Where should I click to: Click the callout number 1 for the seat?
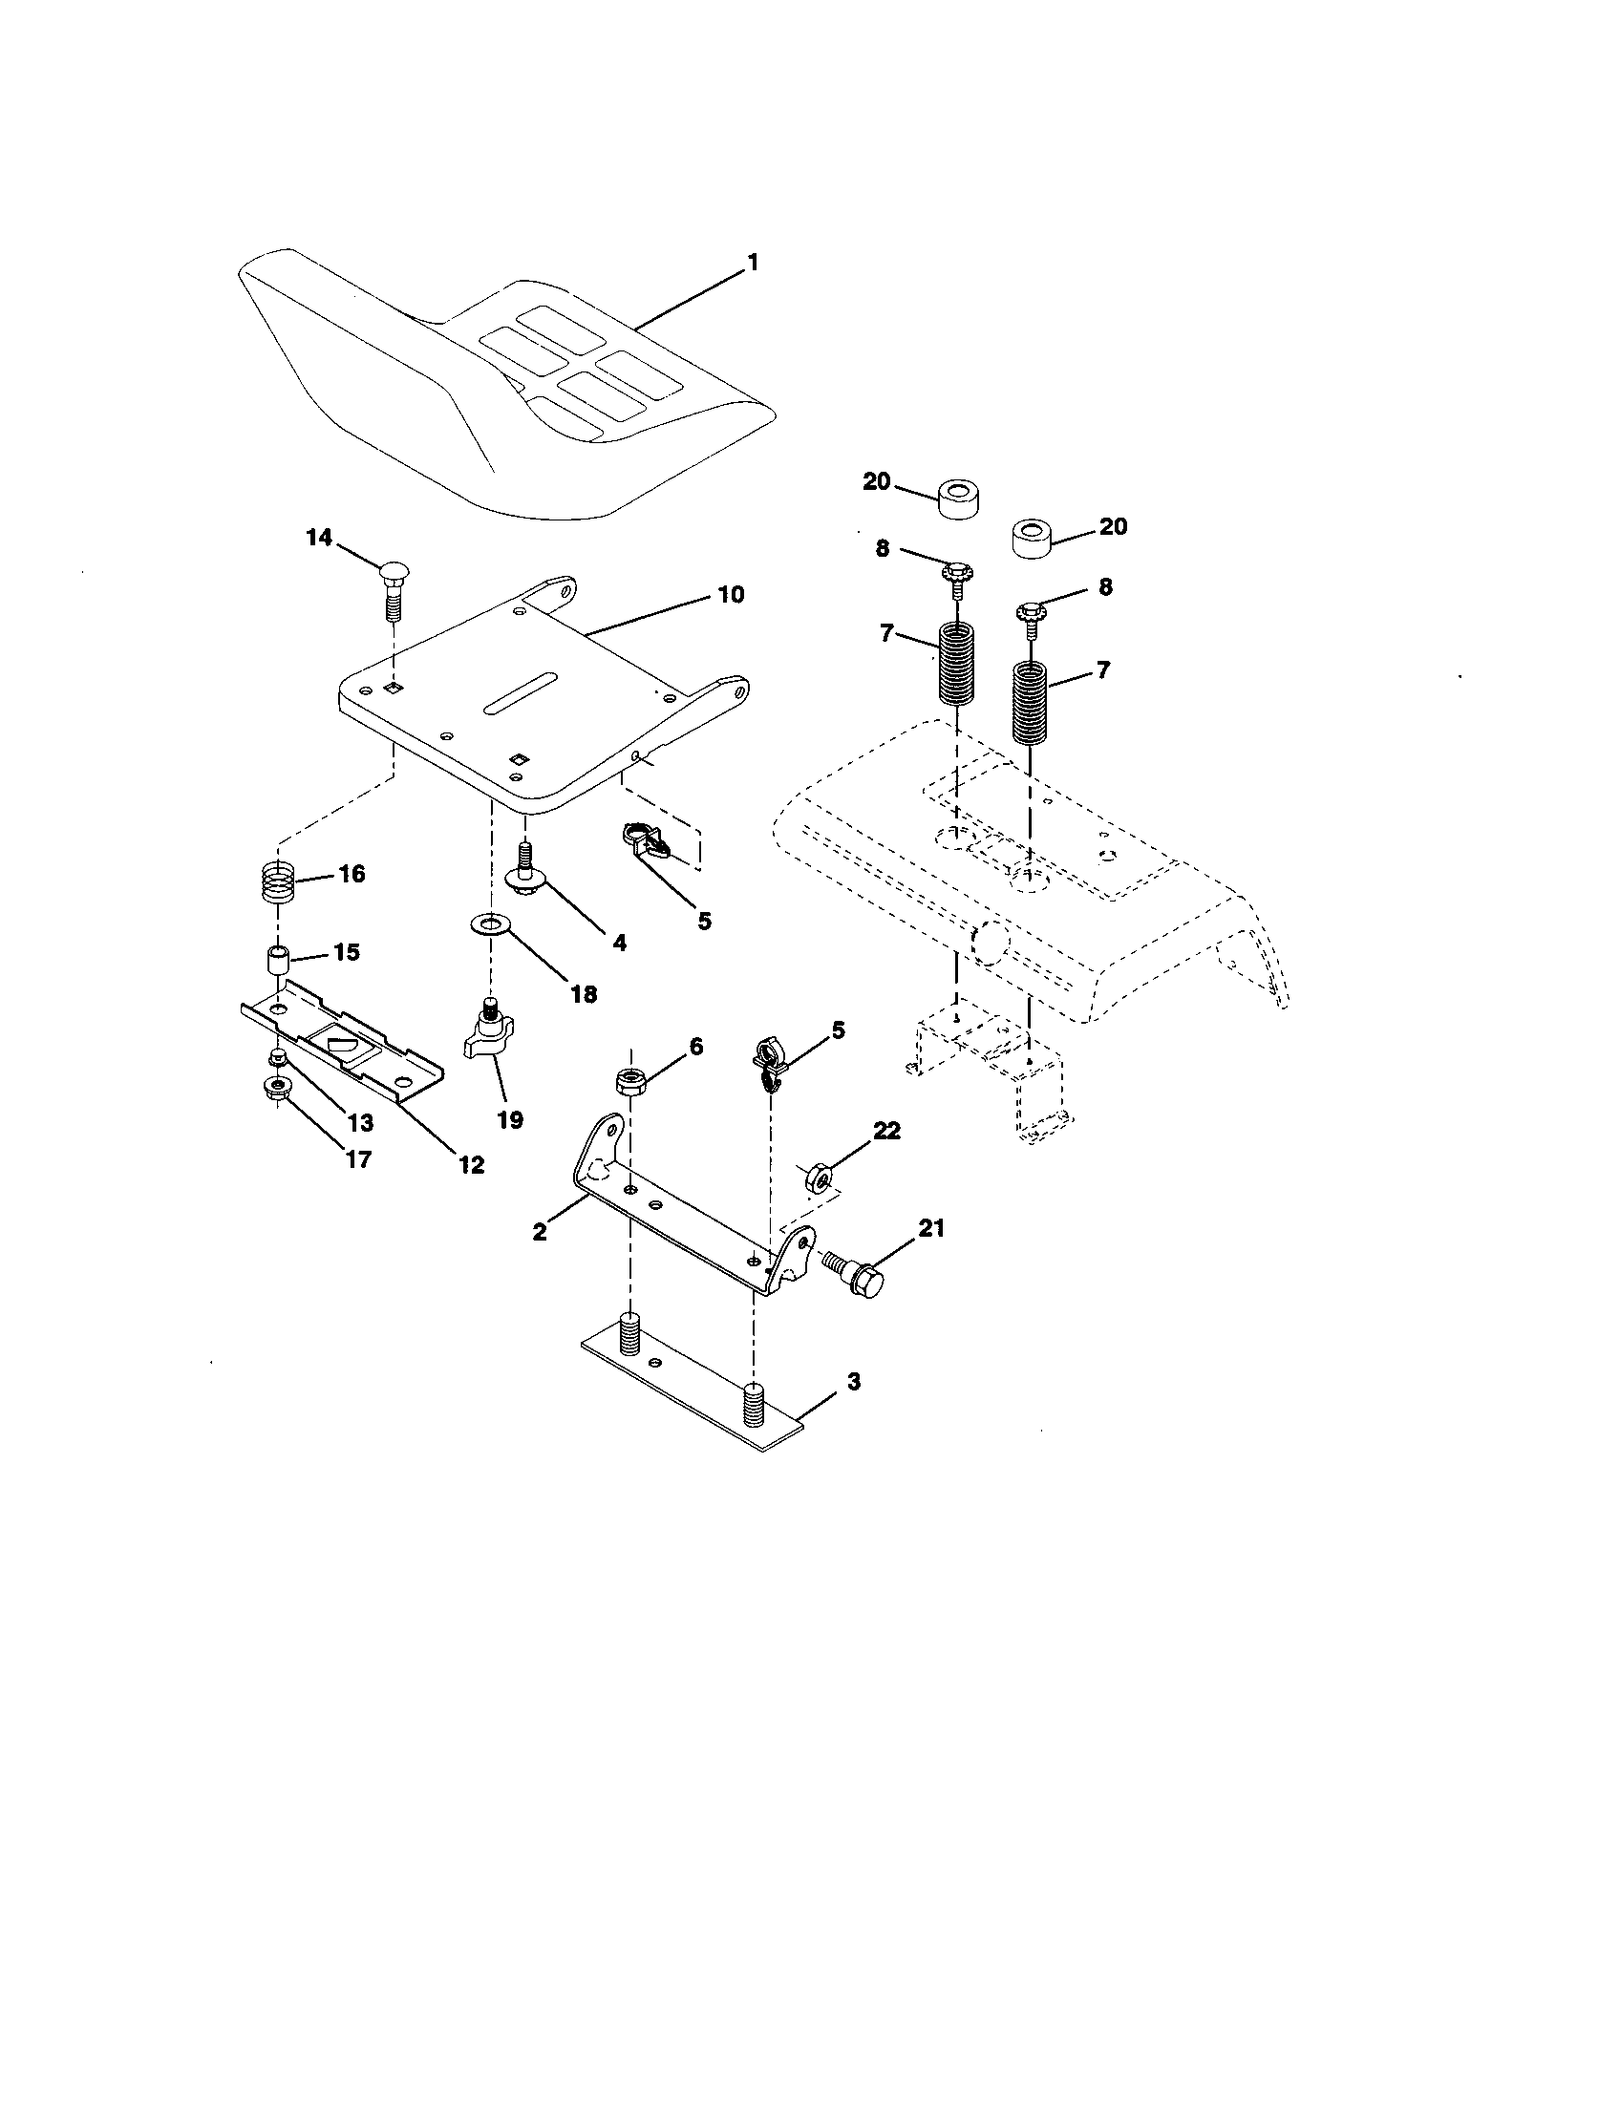(754, 263)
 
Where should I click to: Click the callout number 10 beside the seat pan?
(730, 595)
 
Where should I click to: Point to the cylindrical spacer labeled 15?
(277, 959)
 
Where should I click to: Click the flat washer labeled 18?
(491, 924)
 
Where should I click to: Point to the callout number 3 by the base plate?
(853, 1382)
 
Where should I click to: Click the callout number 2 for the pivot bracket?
(539, 1232)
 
